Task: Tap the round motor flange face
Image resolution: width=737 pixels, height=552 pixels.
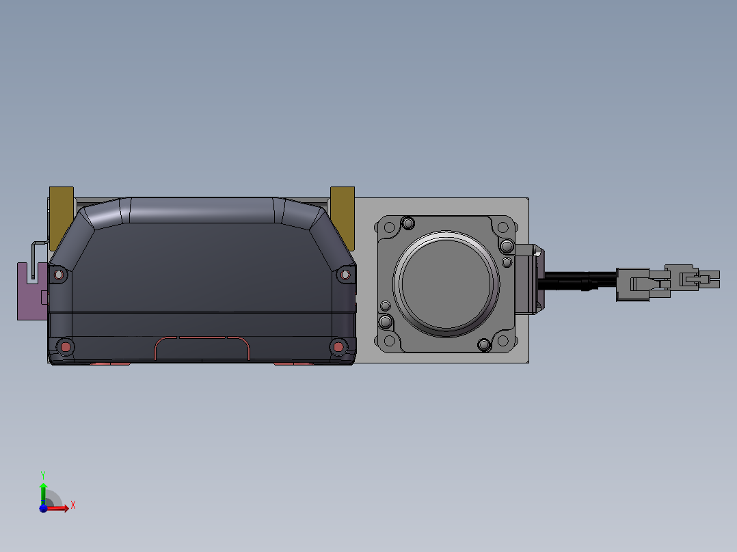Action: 446,284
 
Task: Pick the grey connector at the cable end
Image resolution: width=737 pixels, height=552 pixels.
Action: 667,282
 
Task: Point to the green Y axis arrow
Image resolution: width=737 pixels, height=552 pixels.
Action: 43,493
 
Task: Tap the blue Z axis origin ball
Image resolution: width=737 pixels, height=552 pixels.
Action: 43,508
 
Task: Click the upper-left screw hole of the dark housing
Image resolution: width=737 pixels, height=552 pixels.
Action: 59,275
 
